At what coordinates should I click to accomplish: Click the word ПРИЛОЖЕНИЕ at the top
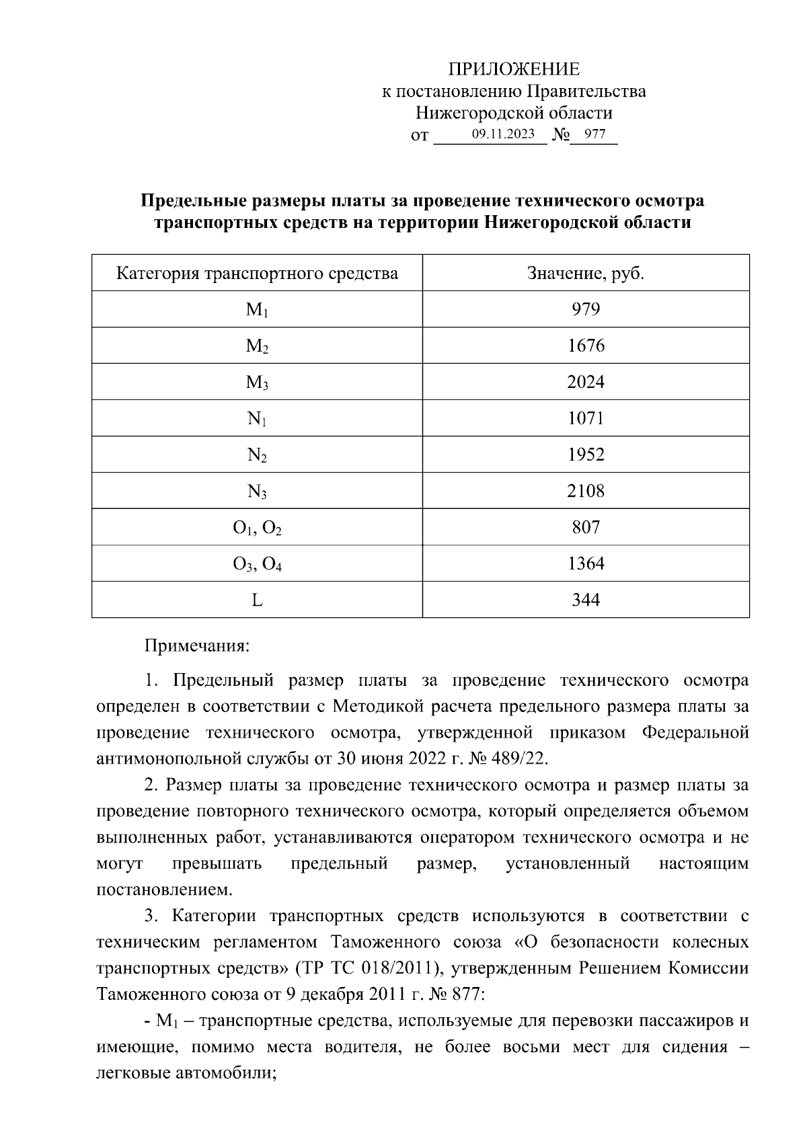[x=514, y=69]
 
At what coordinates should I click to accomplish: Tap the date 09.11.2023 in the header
[x=503, y=134]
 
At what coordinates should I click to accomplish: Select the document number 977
[x=594, y=134]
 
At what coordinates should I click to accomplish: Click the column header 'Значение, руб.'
[x=586, y=274]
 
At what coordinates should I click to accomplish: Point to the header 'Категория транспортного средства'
[x=257, y=274]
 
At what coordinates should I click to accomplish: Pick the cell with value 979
[x=586, y=309]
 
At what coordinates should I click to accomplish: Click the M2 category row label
[x=257, y=346]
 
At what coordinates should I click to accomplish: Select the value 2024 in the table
[x=586, y=382]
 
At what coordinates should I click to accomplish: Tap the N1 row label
[x=257, y=419]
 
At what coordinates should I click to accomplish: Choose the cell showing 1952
[x=586, y=455]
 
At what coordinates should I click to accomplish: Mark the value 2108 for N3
[x=586, y=491]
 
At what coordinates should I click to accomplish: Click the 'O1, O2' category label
[x=257, y=528]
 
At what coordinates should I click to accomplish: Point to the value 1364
[x=586, y=563]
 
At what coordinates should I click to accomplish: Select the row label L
[x=257, y=600]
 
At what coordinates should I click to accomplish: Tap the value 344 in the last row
[x=586, y=600]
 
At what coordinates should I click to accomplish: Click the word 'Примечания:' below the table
[x=197, y=646]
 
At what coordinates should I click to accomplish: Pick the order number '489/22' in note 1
[x=521, y=759]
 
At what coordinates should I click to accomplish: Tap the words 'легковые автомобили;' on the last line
[x=188, y=1073]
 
